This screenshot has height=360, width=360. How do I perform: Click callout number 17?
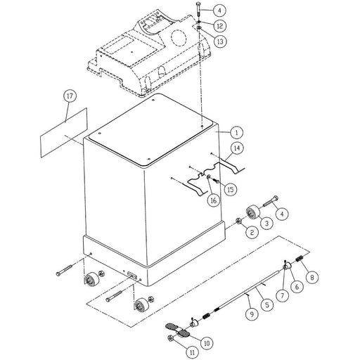[70, 96]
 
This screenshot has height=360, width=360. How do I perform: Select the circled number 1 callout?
[236, 133]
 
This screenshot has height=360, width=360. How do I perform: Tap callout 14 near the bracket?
[237, 148]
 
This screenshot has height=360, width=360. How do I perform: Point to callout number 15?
[231, 189]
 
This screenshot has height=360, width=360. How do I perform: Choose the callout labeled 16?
[214, 200]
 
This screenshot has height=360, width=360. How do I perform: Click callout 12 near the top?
[219, 25]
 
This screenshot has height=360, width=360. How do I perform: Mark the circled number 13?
[220, 41]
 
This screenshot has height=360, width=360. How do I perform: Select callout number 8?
[311, 277]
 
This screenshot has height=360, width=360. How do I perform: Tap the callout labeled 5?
[266, 305]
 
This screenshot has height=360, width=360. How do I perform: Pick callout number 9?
[252, 314]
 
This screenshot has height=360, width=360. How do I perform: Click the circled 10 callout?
[207, 343]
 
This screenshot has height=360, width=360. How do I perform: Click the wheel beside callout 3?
[252, 211]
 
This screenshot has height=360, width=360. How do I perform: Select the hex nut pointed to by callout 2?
[238, 221]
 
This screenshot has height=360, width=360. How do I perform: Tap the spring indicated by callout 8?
[299, 259]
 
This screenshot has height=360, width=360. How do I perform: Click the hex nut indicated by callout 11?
[171, 338]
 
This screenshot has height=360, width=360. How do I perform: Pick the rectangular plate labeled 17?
[64, 133]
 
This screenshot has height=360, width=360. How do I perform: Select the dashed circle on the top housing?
[179, 37]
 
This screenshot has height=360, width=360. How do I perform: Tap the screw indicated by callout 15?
[216, 181]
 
